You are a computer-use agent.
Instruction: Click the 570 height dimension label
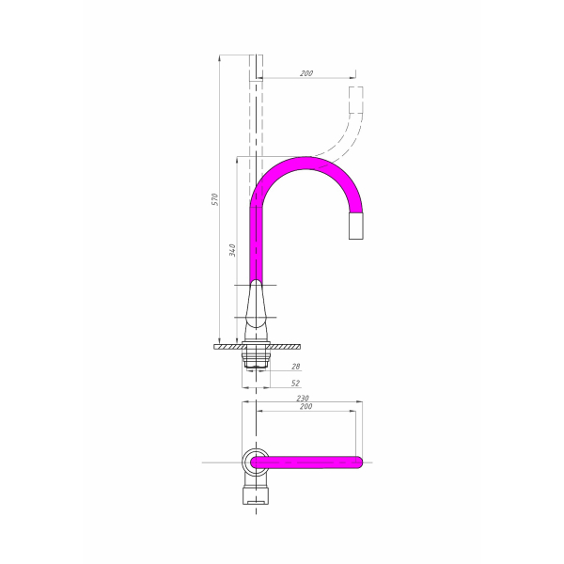click(x=214, y=199)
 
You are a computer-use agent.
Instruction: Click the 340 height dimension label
click(x=233, y=250)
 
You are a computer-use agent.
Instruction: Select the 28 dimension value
click(x=296, y=367)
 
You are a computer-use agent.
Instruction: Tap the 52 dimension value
click(x=295, y=384)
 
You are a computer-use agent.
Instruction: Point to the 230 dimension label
click(x=303, y=399)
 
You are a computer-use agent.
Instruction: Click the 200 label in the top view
click(x=306, y=406)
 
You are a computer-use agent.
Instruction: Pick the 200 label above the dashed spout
click(x=306, y=73)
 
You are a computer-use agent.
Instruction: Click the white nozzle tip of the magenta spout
click(x=355, y=226)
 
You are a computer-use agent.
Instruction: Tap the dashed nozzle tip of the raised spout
click(x=356, y=100)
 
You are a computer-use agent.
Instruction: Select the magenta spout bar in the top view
click(x=306, y=462)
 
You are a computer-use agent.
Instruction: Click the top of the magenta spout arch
click(x=305, y=163)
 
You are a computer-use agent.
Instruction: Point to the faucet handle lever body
click(x=256, y=304)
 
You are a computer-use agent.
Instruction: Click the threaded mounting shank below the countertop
click(x=256, y=359)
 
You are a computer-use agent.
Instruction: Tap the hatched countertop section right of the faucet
click(x=285, y=347)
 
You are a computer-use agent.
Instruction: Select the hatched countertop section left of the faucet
click(x=228, y=347)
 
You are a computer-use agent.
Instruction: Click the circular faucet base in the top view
click(x=256, y=462)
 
